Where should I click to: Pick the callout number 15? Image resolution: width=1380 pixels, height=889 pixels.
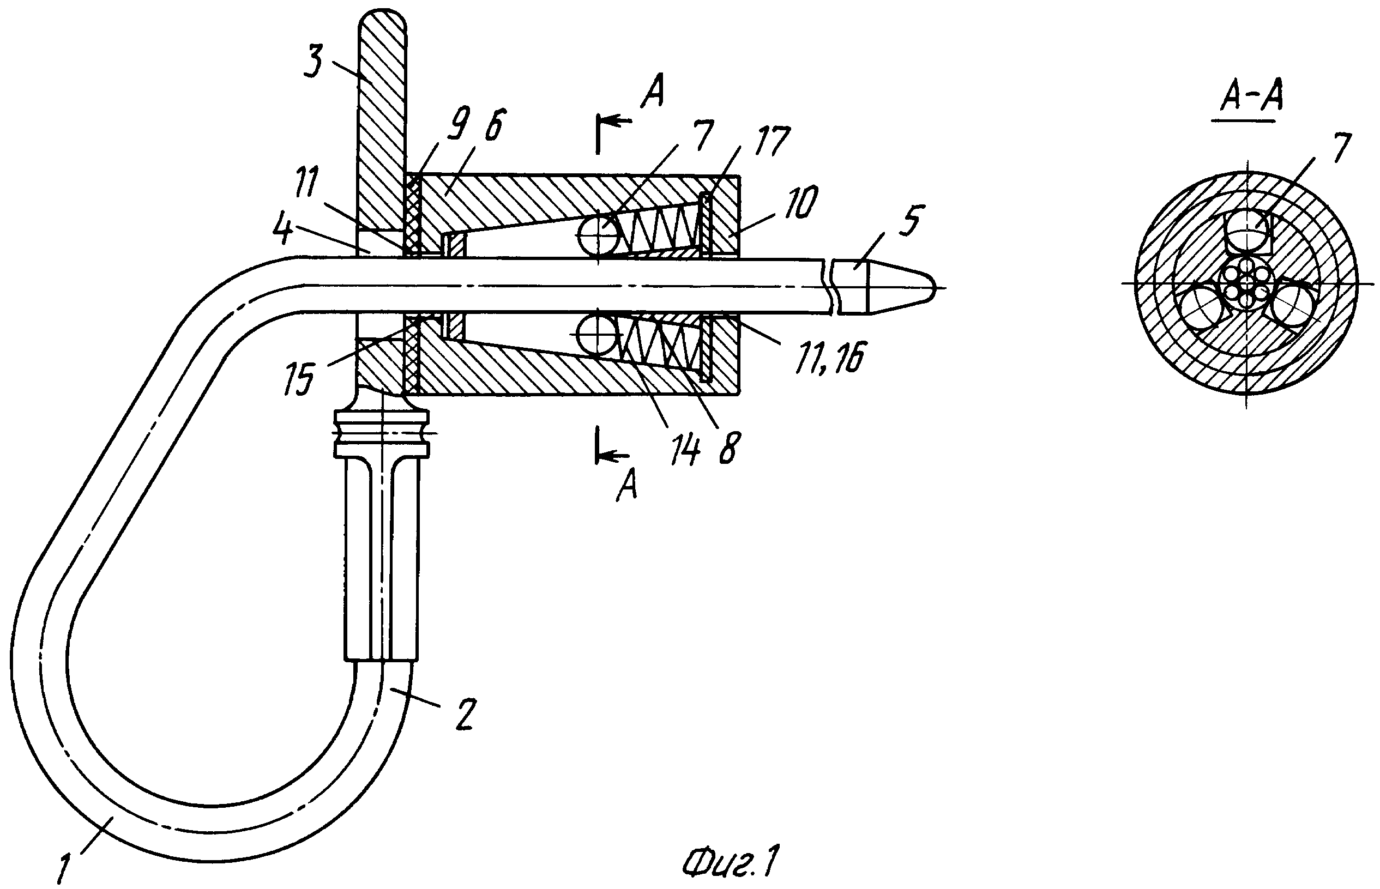299,379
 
